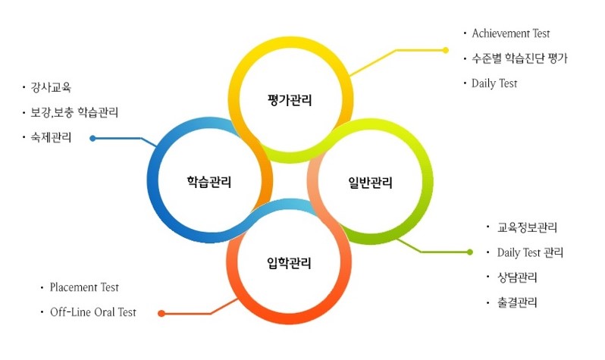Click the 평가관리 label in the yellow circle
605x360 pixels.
290,100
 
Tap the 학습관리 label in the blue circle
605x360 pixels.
209,182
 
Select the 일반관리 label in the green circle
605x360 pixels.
371,182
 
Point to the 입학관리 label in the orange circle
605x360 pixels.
290,264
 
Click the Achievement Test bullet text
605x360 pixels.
510,33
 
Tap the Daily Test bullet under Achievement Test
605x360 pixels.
494,83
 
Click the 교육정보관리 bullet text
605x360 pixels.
528,227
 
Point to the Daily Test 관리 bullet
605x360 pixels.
530,252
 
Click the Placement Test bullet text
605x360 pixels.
84,288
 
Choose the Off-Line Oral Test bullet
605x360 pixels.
92,312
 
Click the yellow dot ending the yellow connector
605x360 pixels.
446,50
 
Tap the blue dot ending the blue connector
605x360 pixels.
92,138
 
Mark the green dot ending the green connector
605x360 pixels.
470,252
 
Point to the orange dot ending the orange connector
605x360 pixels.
160,313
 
